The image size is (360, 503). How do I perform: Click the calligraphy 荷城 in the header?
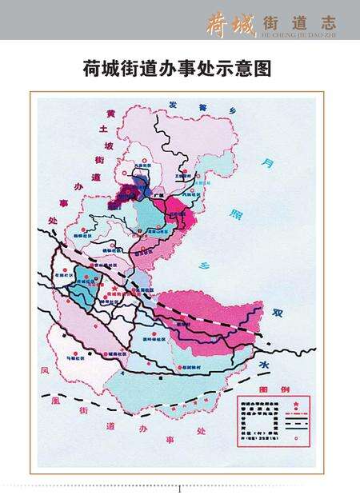coord(229,22)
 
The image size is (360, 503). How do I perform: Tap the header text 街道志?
coord(296,21)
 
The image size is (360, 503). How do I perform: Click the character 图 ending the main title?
coord(264,70)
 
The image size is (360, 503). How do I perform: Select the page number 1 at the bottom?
coord(180,489)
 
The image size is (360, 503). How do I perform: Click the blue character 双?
coord(278,313)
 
